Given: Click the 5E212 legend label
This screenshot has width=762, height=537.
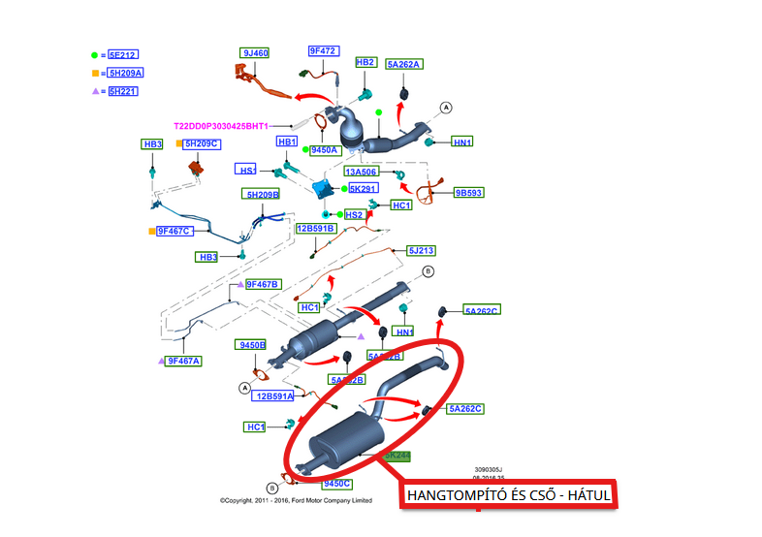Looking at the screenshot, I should point(123,56).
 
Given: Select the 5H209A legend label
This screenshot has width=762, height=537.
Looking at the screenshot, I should point(125,74).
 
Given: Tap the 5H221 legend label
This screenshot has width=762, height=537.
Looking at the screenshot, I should point(123,91).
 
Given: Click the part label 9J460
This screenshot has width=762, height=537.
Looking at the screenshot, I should point(255,52).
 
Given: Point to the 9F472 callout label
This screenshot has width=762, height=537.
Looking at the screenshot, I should point(323,50).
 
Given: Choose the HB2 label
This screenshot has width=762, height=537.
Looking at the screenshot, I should point(365,62).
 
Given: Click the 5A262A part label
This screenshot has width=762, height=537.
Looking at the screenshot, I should point(404,64).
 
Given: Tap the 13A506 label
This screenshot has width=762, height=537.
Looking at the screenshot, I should point(362,172).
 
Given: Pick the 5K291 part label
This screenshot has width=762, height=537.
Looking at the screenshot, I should point(363,188).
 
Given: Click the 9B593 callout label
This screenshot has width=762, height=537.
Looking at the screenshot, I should point(469,193).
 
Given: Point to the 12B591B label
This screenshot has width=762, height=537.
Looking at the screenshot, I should point(316,228).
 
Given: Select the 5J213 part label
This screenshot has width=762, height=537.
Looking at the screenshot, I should point(421,251).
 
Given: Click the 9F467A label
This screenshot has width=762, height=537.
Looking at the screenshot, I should point(183,361).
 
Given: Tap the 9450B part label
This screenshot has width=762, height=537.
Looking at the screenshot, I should point(251,345).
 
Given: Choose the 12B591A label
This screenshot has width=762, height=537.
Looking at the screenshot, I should point(272,395).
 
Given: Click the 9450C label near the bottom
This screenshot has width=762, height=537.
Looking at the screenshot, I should point(337,483).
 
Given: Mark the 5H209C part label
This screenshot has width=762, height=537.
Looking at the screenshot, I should point(203,144).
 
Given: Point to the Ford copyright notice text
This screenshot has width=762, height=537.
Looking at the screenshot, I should point(296,501).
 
